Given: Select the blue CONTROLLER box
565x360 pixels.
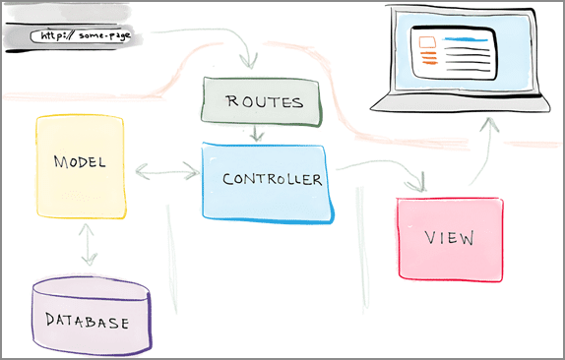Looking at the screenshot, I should tap(267, 181).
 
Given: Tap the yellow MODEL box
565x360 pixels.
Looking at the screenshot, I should tap(81, 166).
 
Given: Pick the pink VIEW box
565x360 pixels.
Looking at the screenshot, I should tap(450, 238).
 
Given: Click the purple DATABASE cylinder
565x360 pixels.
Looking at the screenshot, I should tap(92, 315).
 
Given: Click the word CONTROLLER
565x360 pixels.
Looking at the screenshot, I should tap(272, 179).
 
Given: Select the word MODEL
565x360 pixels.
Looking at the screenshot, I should tap(80, 160).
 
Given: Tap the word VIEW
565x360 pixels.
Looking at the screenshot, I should tap(450, 238).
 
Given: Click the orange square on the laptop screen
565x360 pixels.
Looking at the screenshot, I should tap(426, 42).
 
